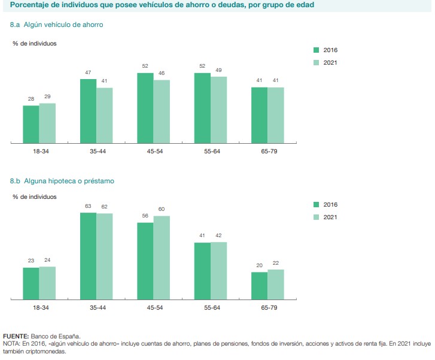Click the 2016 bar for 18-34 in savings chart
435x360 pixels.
[31, 125]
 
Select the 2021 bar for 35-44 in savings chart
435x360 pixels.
[104, 116]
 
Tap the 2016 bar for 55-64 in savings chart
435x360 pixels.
[202, 108]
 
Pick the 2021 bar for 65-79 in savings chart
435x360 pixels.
[275, 116]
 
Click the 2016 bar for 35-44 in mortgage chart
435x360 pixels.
[88, 256]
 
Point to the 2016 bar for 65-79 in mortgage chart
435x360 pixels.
[259, 286]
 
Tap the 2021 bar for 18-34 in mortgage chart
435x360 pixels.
[47, 283]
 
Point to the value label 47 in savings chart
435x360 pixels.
[88, 73]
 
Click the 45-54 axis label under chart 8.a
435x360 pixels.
[153, 152]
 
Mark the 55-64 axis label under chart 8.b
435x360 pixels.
[210, 307]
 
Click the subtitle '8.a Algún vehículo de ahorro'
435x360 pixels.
[57, 25]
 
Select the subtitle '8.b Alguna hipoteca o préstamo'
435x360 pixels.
[62, 180]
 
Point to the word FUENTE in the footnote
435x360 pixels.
[16, 337]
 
